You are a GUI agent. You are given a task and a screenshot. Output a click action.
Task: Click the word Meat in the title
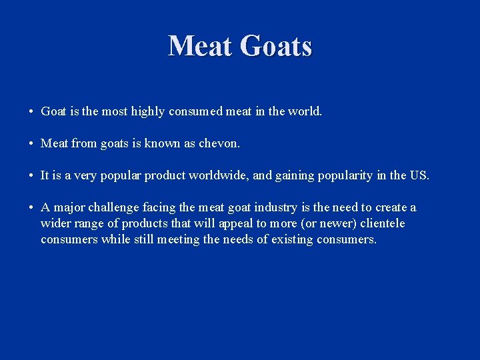point(201,47)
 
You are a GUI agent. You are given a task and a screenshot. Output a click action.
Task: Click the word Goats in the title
point(275,47)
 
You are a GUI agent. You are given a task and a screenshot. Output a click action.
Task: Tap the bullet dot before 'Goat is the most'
point(31,111)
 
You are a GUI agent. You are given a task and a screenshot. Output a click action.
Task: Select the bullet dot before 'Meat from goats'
point(31,143)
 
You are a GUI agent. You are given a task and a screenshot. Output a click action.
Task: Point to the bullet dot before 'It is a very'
point(31,176)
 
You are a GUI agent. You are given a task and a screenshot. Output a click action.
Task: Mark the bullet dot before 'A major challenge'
point(31,208)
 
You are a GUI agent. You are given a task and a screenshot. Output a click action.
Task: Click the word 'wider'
point(55,223)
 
